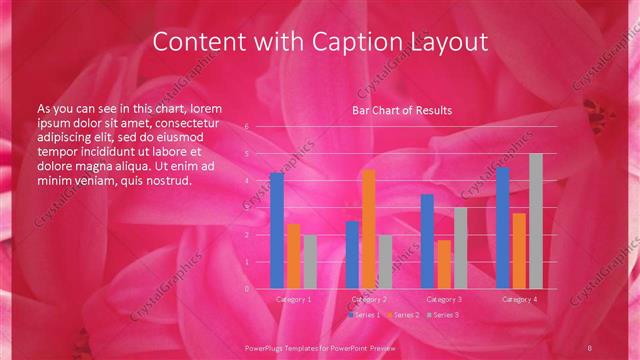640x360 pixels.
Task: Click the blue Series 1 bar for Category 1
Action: [x=277, y=230]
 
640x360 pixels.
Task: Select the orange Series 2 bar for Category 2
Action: [x=369, y=229]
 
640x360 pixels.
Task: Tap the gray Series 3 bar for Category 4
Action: [x=536, y=221]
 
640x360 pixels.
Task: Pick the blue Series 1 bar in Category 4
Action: [x=503, y=228]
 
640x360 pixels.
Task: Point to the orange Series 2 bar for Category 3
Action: [x=444, y=264]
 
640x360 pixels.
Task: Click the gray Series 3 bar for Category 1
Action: [x=310, y=262]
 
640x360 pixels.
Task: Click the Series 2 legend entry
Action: [x=402, y=315]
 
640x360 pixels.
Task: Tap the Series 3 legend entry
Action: [x=442, y=315]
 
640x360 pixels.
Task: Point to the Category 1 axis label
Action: [x=294, y=299]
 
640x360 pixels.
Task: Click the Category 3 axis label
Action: [x=444, y=299]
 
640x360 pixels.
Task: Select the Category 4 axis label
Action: [x=519, y=299]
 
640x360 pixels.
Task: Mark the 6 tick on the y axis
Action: [x=247, y=127]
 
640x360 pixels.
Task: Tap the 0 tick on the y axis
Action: [x=247, y=289]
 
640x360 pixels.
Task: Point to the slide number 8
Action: [x=592, y=346]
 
